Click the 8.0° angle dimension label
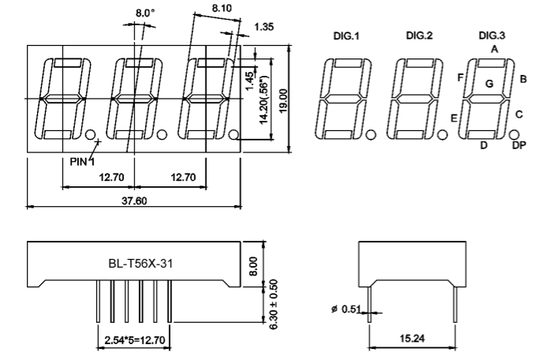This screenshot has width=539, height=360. pos(144,13)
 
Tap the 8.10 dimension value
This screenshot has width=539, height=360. pos(222,8)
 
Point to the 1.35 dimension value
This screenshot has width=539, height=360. pos(264,27)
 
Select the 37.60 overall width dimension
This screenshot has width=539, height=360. pos(134,201)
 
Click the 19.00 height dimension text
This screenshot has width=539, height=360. pos(283,101)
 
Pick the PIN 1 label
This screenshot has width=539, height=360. pos(82,161)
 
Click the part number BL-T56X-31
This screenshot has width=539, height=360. pos(140,264)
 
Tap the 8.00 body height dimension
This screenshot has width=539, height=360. pos(253,266)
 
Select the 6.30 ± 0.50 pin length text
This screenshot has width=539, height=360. pos(273,304)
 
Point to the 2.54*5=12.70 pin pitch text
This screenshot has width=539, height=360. pos(135,340)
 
